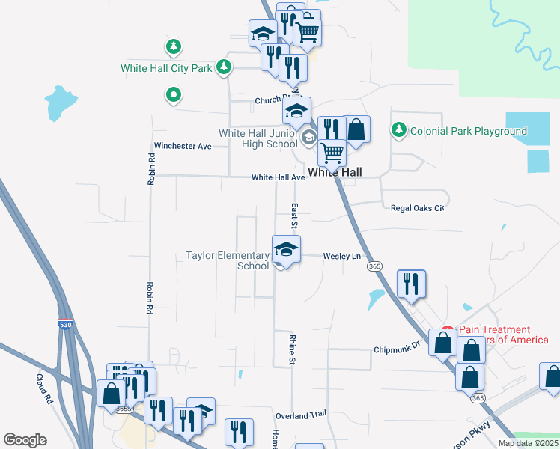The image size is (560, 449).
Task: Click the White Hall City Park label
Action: (x=167, y=68)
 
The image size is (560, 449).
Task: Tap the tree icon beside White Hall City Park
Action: (x=223, y=67)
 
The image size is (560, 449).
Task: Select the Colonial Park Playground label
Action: (x=468, y=131)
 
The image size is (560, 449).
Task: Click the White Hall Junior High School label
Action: (x=258, y=138)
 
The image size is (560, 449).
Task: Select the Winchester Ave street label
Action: (x=183, y=146)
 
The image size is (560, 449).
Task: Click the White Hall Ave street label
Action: (x=278, y=177)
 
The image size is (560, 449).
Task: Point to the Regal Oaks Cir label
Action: (x=418, y=207)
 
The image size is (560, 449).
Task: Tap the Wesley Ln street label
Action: (x=341, y=256)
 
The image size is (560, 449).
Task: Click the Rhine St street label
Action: (x=292, y=350)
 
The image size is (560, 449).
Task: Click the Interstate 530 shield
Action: (x=65, y=323)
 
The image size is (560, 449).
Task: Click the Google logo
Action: (x=25, y=440)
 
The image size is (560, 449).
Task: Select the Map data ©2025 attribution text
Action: (x=527, y=443)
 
